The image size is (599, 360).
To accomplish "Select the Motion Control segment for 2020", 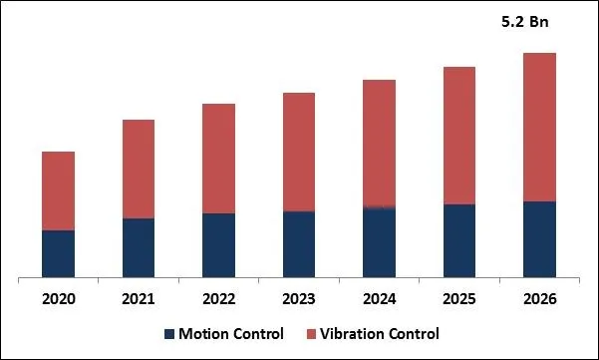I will [x=58, y=253].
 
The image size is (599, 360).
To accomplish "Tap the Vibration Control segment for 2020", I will [x=58, y=190].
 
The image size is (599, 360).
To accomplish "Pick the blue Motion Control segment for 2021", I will [x=138, y=247].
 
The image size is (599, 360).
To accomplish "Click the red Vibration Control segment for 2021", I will [x=138, y=169].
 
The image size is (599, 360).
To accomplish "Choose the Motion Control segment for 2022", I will [x=218, y=244].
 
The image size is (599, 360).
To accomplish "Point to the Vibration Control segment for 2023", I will [x=299, y=152].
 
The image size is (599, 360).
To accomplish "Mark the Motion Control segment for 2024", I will [x=379, y=242].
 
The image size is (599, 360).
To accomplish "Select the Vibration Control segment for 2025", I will [x=459, y=136].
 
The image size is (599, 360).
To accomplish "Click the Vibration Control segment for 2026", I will [x=539, y=127].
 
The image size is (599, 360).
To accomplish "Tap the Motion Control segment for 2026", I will [x=539, y=239].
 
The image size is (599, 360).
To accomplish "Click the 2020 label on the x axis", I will [x=58, y=299].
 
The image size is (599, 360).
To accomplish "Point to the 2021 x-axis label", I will [x=138, y=299].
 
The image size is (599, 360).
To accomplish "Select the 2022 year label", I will [x=218, y=299].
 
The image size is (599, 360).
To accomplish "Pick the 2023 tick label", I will [x=299, y=299].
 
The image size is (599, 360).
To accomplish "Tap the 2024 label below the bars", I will [x=379, y=299].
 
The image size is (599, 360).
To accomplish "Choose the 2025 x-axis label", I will [x=459, y=299].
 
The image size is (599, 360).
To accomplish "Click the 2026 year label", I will [x=539, y=299].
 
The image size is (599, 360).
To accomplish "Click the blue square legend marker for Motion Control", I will [x=169, y=334].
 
